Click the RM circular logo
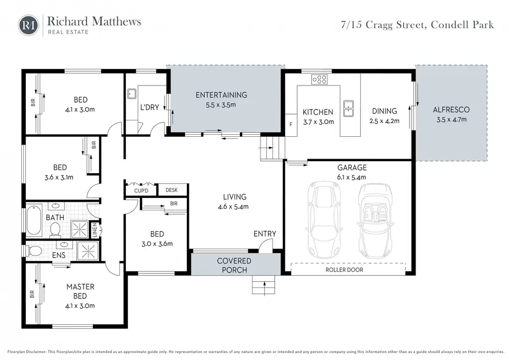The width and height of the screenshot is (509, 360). tap(28, 25)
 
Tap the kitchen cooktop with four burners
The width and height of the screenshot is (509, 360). tap(320, 79)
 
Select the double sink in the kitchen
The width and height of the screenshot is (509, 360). tap(348, 108)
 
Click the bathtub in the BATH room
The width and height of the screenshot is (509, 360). tap(34, 220)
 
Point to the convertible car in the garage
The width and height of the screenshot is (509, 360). tap(375, 221)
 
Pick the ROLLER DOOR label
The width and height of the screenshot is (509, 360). tap(344, 270)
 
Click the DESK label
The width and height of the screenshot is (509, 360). tap(171, 190)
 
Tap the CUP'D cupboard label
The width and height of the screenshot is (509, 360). tap(141, 190)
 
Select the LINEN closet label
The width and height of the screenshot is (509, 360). tap(95, 230)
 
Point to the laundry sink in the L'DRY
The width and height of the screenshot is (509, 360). tap(131, 93)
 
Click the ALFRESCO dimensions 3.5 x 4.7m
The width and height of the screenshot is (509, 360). tap(451, 119)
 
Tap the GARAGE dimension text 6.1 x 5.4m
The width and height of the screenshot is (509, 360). tap(351, 177)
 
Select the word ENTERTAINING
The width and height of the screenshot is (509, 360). tap(221, 95)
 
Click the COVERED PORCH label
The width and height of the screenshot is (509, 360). tap(234, 265)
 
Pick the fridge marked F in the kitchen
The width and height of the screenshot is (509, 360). tap(291, 125)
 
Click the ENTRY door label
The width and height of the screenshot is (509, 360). tap(265, 234)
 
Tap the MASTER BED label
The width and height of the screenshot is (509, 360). tap(80, 291)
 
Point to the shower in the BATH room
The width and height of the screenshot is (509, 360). tap(80, 230)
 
